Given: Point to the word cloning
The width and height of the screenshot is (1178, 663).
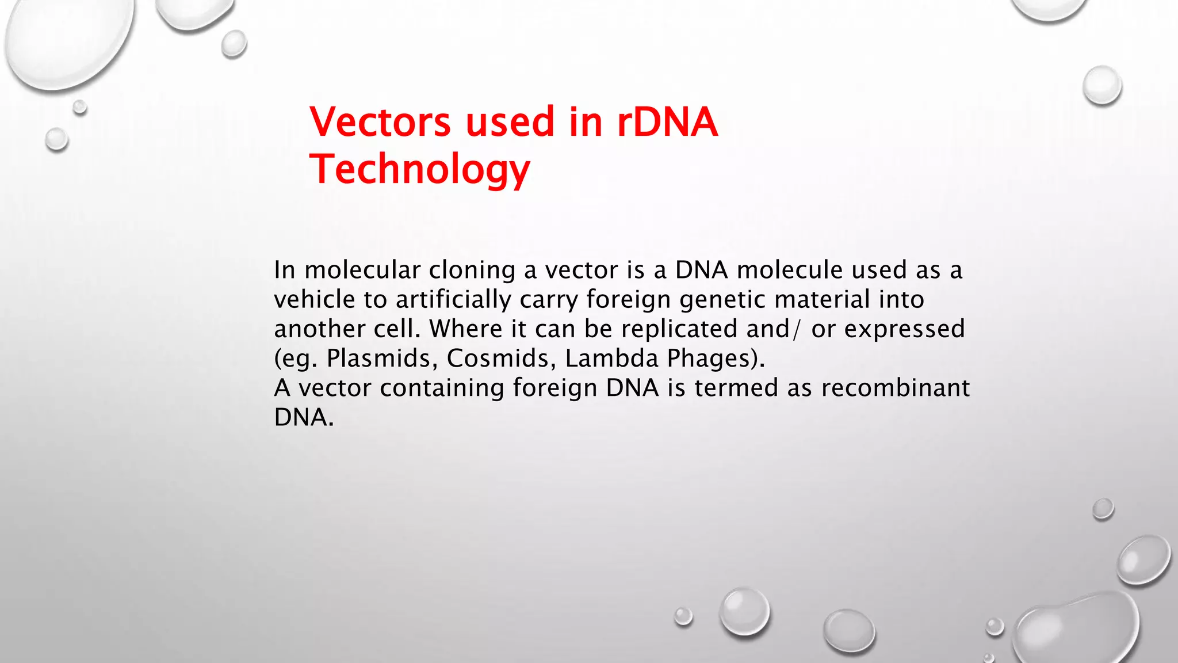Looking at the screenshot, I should point(472,270).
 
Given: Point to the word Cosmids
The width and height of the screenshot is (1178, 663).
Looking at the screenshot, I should point(501,359).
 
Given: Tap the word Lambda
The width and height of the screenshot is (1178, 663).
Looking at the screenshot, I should point(611,359).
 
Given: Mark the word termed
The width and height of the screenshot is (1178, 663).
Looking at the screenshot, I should point(736,388).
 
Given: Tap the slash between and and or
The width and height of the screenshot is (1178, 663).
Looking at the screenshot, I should point(796,329).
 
